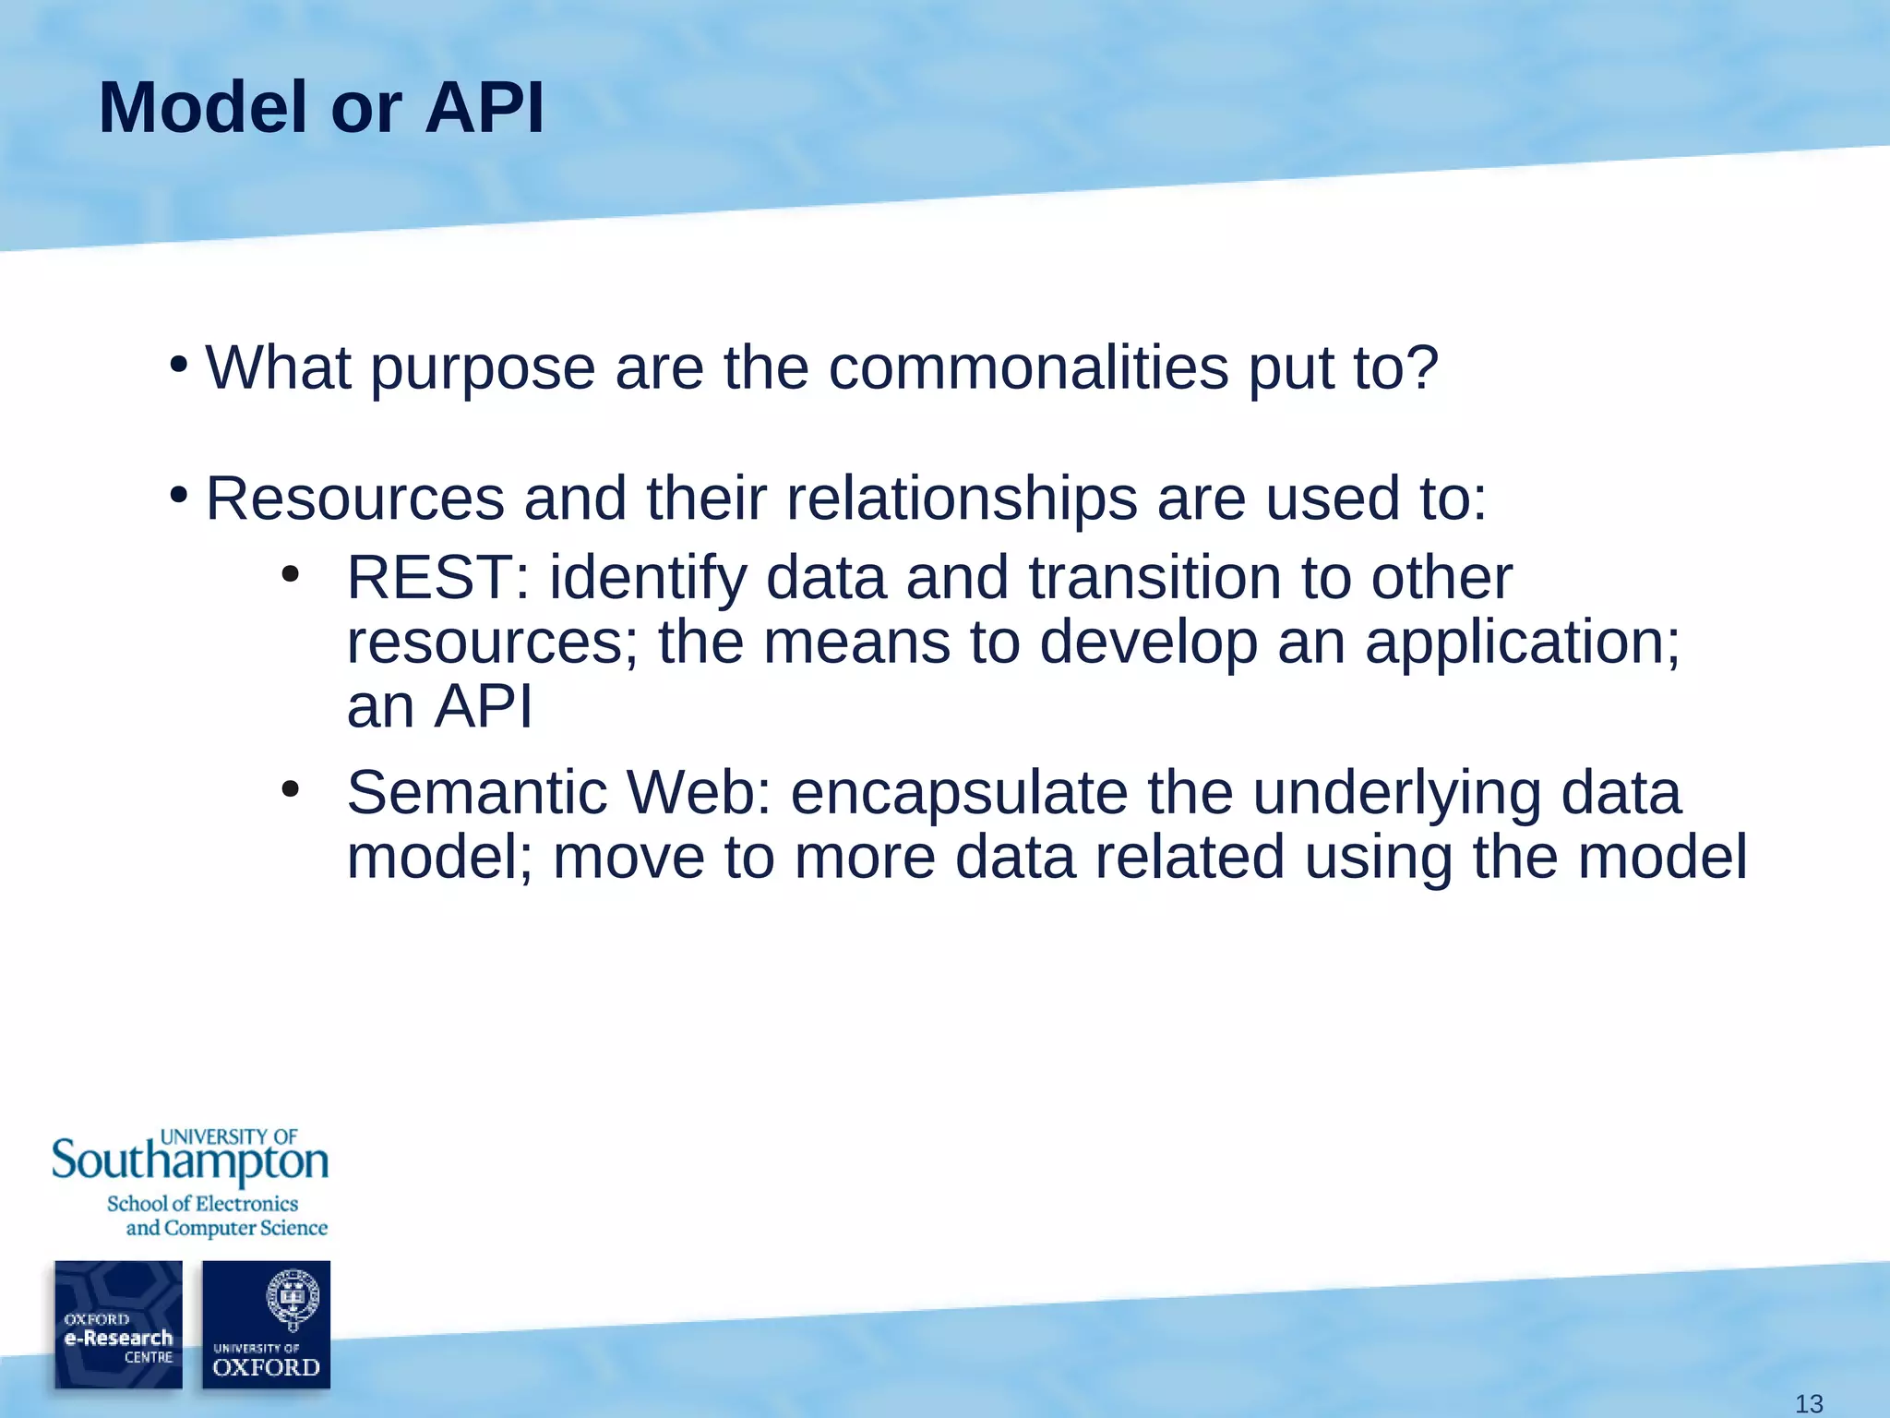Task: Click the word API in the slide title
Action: pyautogui.click(x=484, y=108)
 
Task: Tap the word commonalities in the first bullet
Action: pyautogui.click(x=1028, y=367)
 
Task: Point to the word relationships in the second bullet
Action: pyautogui.click(x=962, y=499)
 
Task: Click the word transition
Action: pyautogui.click(x=1154, y=578)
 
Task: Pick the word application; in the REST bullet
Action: pyautogui.click(x=1523, y=643)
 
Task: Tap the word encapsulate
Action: pyautogui.click(x=959, y=793)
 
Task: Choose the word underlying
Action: pyautogui.click(x=1395, y=793)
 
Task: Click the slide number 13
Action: pyautogui.click(x=1809, y=1403)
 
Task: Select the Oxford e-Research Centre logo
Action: pyautogui.click(x=118, y=1324)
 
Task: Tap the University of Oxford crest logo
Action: pyautogui.click(x=267, y=1324)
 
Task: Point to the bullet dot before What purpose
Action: pyautogui.click(x=179, y=363)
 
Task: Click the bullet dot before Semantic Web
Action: pyautogui.click(x=291, y=789)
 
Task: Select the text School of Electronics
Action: pyautogui.click(x=202, y=1204)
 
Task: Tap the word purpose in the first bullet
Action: pyautogui.click(x=483, y=369)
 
